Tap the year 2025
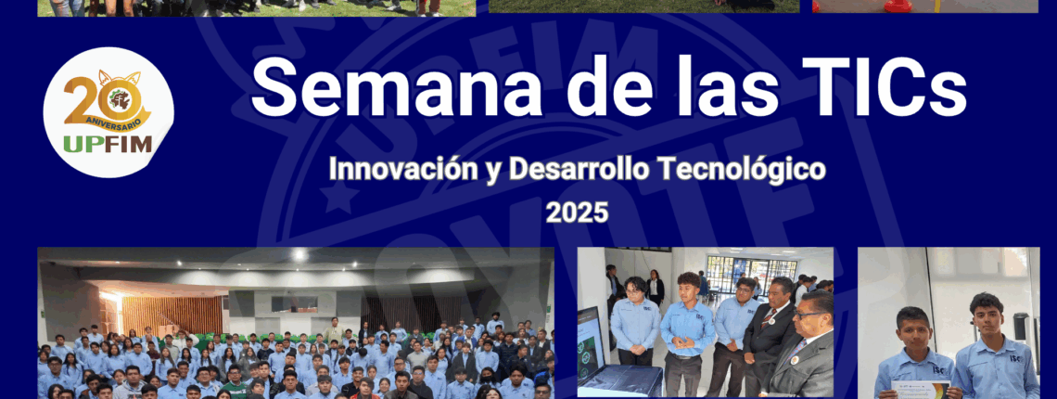(x=577, y=212)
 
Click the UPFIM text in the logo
(x=108, y=144)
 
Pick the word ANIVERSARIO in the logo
(x=112, y=124)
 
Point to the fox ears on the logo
(x=120, y=78)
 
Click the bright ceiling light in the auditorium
(x=299, y=254)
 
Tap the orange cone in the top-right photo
(x=898, y=6)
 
